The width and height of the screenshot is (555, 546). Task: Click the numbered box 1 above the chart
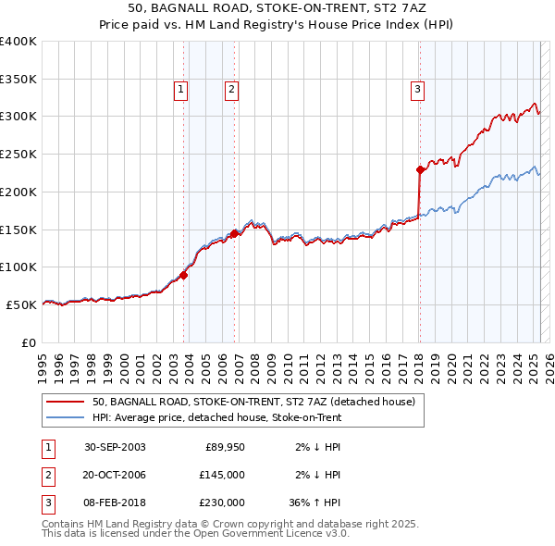(179, 90)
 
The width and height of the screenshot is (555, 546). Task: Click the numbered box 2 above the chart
(230, 90)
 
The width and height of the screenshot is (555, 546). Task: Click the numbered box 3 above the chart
(418, 90)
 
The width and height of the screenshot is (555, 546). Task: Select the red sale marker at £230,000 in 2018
(420, 169)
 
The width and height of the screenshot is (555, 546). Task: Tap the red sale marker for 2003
(184, 275)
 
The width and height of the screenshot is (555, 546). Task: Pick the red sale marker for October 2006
(235, 233)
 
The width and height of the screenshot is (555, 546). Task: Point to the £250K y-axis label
(18, 154)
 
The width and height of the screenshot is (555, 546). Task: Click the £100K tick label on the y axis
(18, 267)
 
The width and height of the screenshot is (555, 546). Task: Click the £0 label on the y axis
(29, 341)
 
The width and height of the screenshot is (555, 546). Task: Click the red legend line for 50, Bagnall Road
(64, 402)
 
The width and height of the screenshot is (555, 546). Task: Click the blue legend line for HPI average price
(64, 417)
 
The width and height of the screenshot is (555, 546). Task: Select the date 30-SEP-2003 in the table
(115, 448)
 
